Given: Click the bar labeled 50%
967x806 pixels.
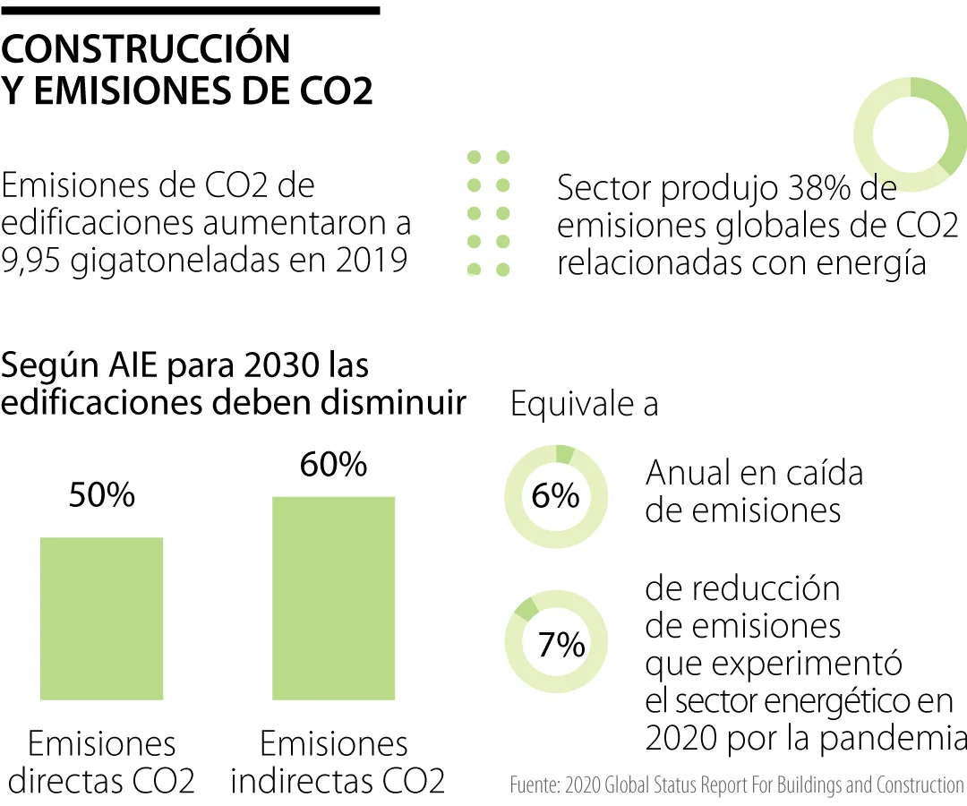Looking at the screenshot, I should click(101, 618).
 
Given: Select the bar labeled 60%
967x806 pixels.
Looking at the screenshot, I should click(333, 597).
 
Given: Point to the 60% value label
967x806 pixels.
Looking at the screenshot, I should click(333, 464).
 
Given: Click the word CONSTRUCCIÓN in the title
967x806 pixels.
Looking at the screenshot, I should click(146, 50).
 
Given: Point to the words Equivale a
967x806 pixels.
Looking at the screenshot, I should click(584, 404).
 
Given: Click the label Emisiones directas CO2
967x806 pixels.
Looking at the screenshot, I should click(101, 762).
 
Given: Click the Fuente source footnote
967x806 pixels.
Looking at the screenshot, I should click(736, 785).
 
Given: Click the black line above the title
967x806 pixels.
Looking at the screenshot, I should click(190, 10).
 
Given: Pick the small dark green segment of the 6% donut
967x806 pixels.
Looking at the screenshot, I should click(564, 453).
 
